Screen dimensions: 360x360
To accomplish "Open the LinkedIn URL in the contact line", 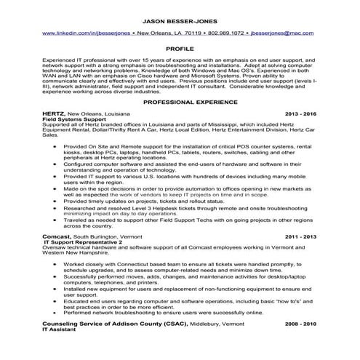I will pos(87,33).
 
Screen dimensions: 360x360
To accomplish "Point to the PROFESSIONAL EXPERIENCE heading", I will pos(180,103).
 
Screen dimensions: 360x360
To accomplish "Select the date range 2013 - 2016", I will pos(302,114).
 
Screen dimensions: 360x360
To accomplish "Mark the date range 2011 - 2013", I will pos(302,236).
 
